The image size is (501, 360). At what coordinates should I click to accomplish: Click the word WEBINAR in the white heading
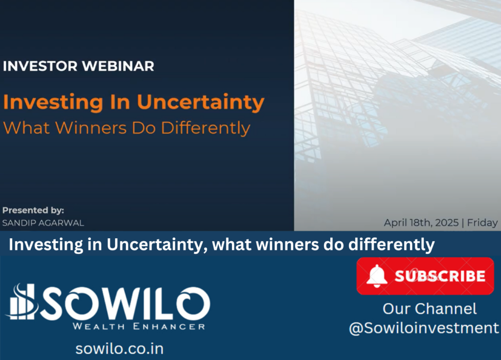[x=118, y=66]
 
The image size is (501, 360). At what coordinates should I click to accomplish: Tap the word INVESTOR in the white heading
[x=40, y=66]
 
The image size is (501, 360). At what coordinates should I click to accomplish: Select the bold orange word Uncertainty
[x=201, y=103]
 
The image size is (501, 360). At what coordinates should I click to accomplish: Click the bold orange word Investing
[x=53, y=103]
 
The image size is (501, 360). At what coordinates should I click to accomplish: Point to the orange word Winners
[x=91, y=128]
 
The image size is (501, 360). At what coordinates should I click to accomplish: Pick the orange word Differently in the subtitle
[x=205, y=129]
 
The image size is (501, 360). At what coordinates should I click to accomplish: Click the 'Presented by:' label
[x=33, y=210]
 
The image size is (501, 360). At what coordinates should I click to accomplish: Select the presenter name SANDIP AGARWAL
[x=43, y=223]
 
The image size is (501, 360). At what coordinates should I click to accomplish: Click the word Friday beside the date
[x=482, y=223]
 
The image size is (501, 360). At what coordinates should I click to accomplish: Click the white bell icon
[x=377, y=276]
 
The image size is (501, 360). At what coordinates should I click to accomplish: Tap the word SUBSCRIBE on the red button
[x=440, y=276]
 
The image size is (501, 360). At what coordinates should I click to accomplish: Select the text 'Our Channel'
[x=430, y=309]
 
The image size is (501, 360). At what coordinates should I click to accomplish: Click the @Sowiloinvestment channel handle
[x=424, y=328]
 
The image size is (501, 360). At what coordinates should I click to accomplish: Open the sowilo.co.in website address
[x=119, y=348]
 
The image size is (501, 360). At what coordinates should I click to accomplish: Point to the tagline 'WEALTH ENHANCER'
[x=138, y=326]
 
